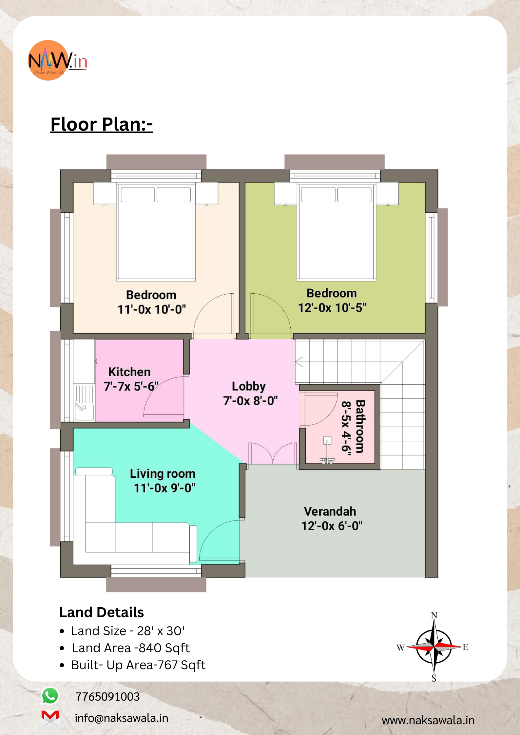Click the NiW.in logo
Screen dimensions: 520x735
click(x=58, y=61)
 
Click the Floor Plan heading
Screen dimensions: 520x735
click(x=102, y=124)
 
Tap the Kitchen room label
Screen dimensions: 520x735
click(x=129, y=372)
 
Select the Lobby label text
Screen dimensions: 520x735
click(x=249, y=386)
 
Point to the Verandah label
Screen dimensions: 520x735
click(x=330, y=511)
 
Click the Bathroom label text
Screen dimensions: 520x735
click(x=360, y=426)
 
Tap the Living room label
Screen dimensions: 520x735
click(x=163, y=474)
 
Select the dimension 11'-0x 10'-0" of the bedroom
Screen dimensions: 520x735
click(x=151, y=309)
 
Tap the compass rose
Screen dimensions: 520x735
click(x=433, y=647)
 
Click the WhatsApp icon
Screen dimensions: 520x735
click(x=50, y=696)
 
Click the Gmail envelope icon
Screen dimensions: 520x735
click(x=50, y=718)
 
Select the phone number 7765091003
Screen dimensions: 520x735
click(x=107, y=697)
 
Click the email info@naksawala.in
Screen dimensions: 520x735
click(x=122, y=718)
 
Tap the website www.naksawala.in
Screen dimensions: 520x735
click(x=428, y=720)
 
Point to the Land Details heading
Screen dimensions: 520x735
click(x=102, y=612)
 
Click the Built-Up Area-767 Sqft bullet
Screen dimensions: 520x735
click(x=133, y=665)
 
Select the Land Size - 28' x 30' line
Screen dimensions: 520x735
click(x=123, y=631)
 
